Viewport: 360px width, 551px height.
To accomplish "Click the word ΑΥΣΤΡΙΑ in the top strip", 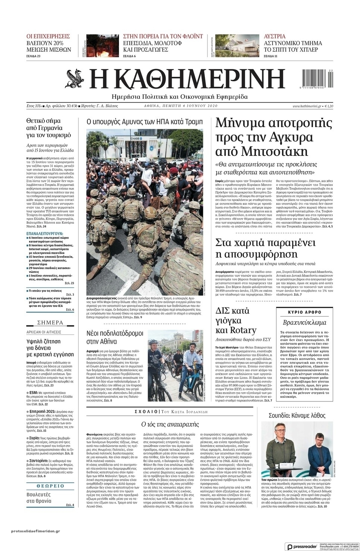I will [275, 37].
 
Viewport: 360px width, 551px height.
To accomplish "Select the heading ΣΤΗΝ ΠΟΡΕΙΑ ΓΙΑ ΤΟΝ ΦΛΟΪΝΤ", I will [163, 37].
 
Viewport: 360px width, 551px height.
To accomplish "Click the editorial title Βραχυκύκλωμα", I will [304, 322].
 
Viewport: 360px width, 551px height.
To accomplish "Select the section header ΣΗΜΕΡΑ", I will [50, 322].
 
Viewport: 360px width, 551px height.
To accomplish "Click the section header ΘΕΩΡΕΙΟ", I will [50, 486].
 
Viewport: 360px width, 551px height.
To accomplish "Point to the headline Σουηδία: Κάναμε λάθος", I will [297, 415].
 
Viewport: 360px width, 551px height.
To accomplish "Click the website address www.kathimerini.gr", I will [307, 106].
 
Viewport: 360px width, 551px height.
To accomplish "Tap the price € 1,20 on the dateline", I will [329, 106].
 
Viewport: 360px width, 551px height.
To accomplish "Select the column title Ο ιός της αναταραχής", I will [170, 424].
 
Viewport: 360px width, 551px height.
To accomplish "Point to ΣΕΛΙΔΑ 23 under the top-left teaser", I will [33, 56].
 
